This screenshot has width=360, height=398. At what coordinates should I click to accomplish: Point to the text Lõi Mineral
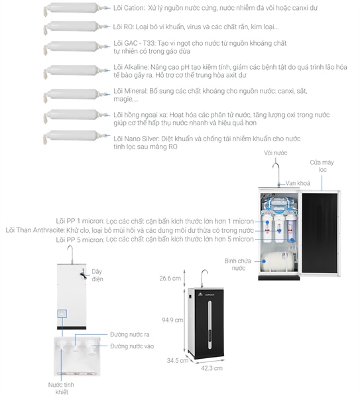[x=130, y=91]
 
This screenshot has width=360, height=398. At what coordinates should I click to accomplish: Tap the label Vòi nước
[x=276, y=153]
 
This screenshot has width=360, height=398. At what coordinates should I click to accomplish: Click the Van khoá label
[x=298, y=183]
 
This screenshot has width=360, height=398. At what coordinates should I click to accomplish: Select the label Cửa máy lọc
[x=322, y=166]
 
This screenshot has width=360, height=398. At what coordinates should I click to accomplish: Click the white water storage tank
[x=278, y=261]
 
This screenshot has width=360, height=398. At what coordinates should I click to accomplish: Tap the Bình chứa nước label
[x=238, y=265]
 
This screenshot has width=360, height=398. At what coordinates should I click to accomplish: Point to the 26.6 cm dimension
[x=170, y=279]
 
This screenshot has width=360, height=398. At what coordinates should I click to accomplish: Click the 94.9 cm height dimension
[x=172, y=320]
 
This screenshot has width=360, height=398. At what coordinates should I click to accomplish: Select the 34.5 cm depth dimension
[x=177, y=360]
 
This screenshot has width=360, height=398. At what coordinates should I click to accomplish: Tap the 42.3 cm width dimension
[x=211, y=368]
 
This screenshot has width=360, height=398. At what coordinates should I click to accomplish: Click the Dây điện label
[x=97, y=275]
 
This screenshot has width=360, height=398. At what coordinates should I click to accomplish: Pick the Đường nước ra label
[x=130, y=334]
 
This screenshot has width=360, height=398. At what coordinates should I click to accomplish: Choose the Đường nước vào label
[x=132, y=346]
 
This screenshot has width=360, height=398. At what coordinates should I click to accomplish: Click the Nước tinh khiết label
[x=61, y=388]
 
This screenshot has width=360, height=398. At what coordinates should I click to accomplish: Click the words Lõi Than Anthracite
[x=34, y=230]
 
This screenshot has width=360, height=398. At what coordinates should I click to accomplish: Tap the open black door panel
[x=320, y=233]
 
